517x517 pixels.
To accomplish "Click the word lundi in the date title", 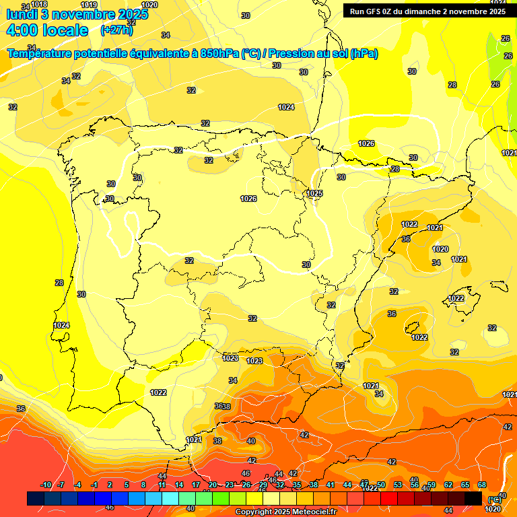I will pyautogui.click(x=22, y=14).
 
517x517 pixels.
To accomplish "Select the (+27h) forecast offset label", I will pyautogui.click(x=116, y=30).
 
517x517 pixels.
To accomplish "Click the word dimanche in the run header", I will pyautogui.click(x=421, y=11).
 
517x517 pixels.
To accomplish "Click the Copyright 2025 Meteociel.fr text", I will pyautogui.click(x=285, y=512).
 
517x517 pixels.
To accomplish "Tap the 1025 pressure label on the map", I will pyautogui.click(x=314, y=193).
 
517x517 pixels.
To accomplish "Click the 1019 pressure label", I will pyautogui.click(x=89, y=5).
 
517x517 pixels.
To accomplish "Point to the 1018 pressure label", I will pyautogui.click(x=39, y=4).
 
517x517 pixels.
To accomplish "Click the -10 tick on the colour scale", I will pyautogui.click(x=46, y=485).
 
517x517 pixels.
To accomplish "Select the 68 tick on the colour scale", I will pyautogui.click(x=482, y=485).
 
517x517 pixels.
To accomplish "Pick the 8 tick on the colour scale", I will pyautogui.click(x=143, y=485).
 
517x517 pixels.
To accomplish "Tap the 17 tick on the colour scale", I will pyautogui.click(x=196, y=485).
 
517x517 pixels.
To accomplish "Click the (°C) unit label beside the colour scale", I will pyautogui.click(x=495, y=499).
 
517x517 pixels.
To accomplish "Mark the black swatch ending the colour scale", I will pyautogui.click(x=473, y=498).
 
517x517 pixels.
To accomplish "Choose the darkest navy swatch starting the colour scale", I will pyautogui.click(x=36, y=498).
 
